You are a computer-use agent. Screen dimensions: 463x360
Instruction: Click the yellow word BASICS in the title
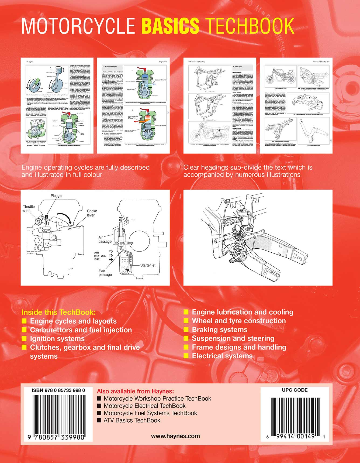(170, 26)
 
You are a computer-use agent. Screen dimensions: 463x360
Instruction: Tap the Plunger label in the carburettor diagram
(57, 196)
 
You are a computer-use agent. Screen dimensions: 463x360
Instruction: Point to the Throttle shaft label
(29, 209)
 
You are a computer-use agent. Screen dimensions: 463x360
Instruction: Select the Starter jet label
(148, 265)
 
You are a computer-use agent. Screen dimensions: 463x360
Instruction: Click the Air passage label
(105, 239)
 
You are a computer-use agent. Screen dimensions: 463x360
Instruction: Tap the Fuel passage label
(105, 272)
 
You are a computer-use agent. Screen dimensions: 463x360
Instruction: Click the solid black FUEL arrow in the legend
(111, 259)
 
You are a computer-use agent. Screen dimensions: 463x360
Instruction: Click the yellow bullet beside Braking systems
(186, 330)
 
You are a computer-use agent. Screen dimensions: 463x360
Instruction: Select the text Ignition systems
(57, 339)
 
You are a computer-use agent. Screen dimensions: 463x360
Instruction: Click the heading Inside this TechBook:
(58, 312)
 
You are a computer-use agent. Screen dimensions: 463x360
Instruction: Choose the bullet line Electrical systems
(222, 356)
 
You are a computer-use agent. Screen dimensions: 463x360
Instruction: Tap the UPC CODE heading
(295, 390)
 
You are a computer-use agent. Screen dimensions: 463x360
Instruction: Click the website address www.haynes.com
(175, 436)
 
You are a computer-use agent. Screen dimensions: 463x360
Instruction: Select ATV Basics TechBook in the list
(132, 420)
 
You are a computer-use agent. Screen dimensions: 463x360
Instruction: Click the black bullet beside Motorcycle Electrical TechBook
(99, 406)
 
